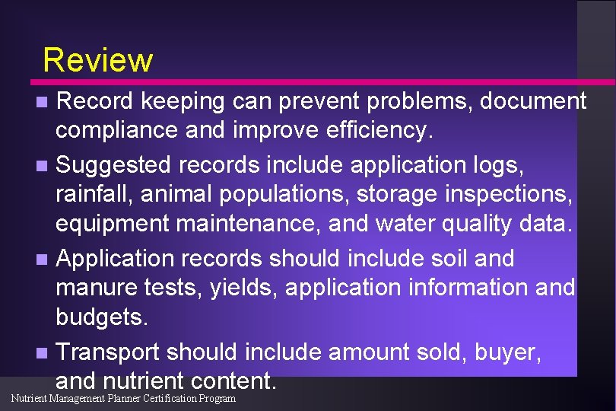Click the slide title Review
pos(98,59)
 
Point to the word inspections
pos(506,194)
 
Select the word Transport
pos(108,352)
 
